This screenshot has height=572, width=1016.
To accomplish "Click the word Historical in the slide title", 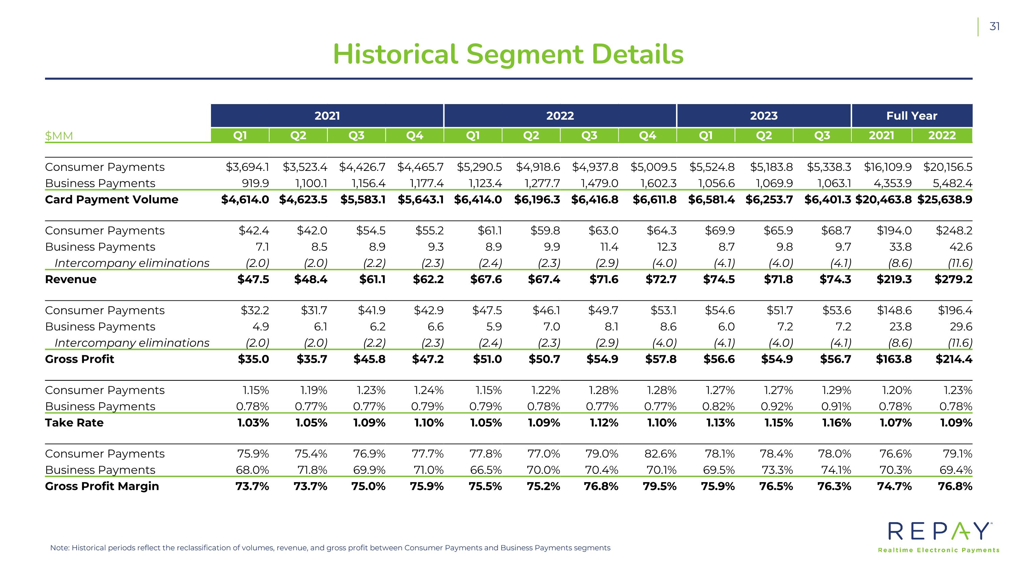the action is coord(396,55).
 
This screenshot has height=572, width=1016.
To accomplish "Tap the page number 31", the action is coord(995,26).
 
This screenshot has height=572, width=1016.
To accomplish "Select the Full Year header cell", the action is coord(911,116).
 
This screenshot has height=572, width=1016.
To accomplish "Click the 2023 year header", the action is coord(764,116).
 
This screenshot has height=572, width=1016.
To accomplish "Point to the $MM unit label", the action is coord(59,136).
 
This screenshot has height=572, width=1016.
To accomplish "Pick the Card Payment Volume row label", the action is coord(112,199).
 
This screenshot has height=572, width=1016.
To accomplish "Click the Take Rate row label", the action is coord(74,422).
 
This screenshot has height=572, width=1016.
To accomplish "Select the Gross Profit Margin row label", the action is coord(102,486).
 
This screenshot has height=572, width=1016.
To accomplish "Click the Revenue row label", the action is coord(70,279).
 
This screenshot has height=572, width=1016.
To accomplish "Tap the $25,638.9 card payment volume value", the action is coord(945,199).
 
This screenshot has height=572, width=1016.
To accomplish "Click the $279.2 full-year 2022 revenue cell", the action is coord(953,279).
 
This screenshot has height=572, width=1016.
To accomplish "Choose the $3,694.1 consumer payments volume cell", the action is coord(247,167).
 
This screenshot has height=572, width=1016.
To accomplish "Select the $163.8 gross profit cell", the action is coord(894,359).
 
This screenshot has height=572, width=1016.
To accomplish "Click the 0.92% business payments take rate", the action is coord(777,406).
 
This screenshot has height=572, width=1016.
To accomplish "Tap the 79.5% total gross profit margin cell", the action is coord(660,486).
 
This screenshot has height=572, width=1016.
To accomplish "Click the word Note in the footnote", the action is coord(60,548).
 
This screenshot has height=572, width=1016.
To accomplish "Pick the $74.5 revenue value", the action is coord(719,279).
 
